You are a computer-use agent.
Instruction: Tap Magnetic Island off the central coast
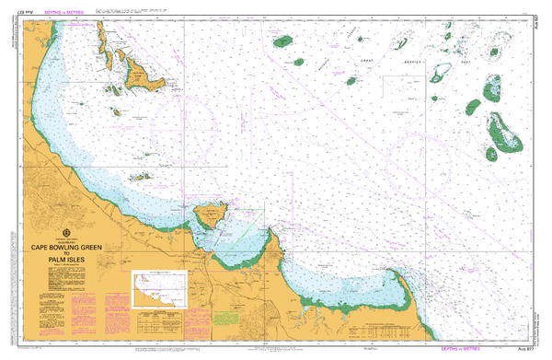[211, 218]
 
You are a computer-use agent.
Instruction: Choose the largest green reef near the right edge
[503, 132]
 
